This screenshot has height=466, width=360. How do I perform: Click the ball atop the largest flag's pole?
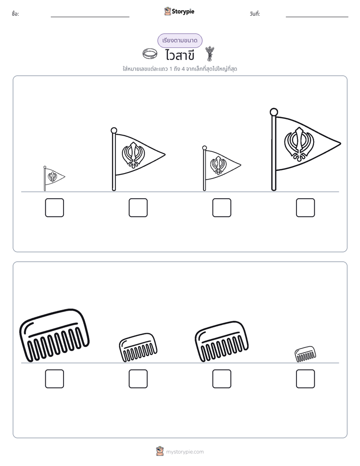274,112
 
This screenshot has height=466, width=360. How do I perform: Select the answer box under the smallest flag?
54,207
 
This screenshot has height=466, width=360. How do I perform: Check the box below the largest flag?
306,207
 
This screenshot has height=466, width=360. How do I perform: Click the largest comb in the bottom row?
54,335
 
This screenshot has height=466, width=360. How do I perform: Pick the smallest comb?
306,354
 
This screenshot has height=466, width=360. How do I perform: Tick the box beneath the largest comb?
54,379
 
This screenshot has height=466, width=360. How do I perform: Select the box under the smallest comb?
306,379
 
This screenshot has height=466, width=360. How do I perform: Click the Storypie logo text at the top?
183,12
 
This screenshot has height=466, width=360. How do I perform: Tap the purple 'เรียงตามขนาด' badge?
179,40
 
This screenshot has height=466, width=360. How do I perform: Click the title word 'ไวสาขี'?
179,55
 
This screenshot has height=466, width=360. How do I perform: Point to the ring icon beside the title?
150,54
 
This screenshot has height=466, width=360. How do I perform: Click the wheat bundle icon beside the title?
210,53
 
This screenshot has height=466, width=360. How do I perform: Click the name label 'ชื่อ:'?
16,14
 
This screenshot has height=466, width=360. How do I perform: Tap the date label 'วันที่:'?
255,14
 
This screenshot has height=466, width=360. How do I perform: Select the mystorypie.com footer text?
185,452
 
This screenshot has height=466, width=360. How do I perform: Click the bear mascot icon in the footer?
160,451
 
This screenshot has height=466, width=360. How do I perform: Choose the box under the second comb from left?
138,379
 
